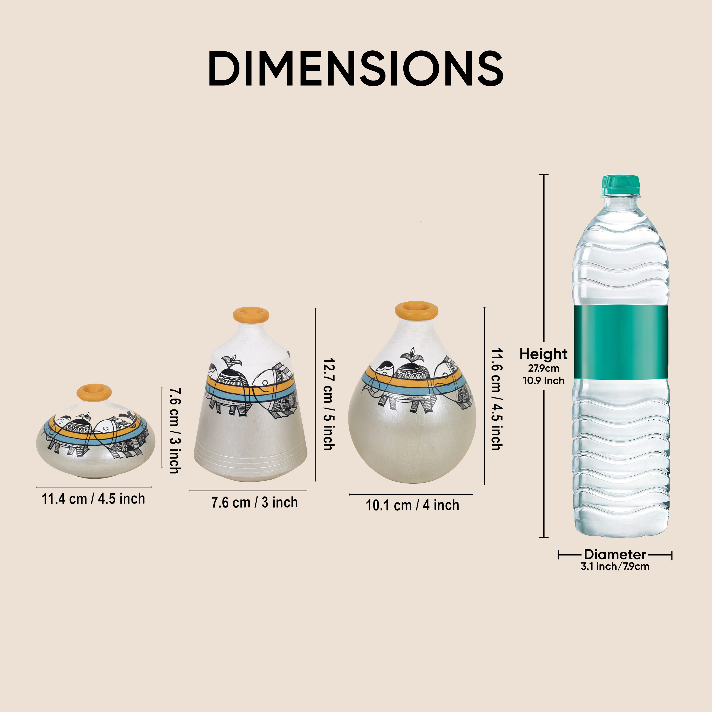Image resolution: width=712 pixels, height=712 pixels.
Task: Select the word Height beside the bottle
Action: pos(543,354)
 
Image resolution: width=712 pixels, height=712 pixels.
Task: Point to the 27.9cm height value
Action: pos(544,368)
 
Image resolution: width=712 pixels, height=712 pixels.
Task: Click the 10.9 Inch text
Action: pos(544,380)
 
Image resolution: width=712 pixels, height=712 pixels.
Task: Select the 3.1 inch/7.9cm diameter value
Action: pos(615,566)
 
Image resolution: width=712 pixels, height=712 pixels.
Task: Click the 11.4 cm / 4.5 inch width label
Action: pos(93,499)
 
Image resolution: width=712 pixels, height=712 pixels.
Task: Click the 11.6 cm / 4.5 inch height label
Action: pos(496,399)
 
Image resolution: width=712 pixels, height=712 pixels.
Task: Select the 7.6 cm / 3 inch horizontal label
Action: pos(254,502)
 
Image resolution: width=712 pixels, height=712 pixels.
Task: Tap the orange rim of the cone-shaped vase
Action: pos(251,315)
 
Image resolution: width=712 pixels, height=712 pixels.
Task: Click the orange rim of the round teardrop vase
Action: pos(416,310)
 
